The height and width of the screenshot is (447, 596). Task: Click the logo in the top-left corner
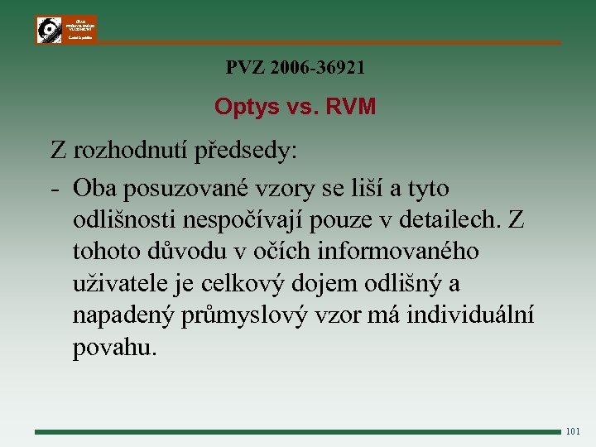pos(65,29)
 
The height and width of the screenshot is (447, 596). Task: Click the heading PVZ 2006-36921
pos(295,68)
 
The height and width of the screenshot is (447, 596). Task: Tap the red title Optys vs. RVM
pos(295,107)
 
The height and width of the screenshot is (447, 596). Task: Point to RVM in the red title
pos(352,107)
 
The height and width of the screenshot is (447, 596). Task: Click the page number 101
pos(574,431)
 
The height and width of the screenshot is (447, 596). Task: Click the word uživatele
pos(118,284)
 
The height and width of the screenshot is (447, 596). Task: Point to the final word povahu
pos(113,348)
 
